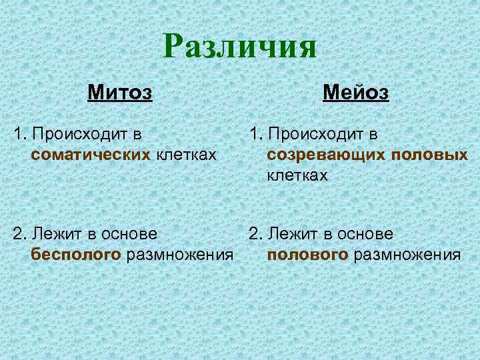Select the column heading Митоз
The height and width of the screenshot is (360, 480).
[x=120, y=91]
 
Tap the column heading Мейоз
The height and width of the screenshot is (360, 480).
[x=355, y=91]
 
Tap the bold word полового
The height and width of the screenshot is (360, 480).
[x=307, y=254]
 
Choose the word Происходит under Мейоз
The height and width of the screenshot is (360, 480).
[x=319, y=134]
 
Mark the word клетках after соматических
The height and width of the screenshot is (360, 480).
[x=186, y=155]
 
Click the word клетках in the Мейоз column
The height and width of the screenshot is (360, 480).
[x=297, y=175]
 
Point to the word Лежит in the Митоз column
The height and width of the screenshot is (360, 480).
[x=56, y=233]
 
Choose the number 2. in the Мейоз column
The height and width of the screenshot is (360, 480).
[x=255, y=233]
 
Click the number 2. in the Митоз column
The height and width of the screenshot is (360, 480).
[x=19, y=233]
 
